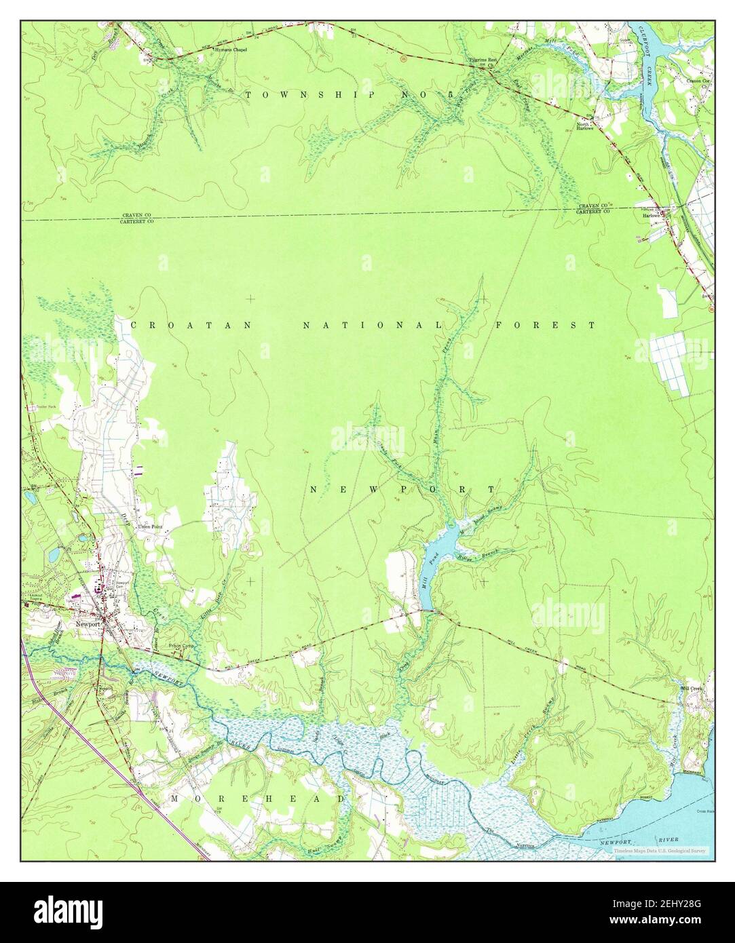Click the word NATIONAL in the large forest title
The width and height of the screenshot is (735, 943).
[373, 326]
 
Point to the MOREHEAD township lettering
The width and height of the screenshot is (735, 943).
[258, 799]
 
